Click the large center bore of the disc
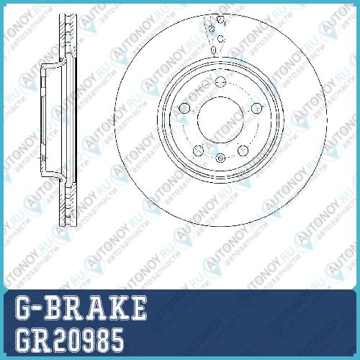[220, 120]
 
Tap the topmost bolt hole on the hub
[220, 81]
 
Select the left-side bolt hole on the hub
[184, 107]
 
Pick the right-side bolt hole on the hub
[256, 108]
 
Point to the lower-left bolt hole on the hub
[198, 150]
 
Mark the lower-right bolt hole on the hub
[243, 150]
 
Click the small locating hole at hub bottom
[220, 158]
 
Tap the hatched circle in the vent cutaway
[212, 29]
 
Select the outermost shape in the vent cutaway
[220, 19]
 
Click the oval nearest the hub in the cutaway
[213, 50]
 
